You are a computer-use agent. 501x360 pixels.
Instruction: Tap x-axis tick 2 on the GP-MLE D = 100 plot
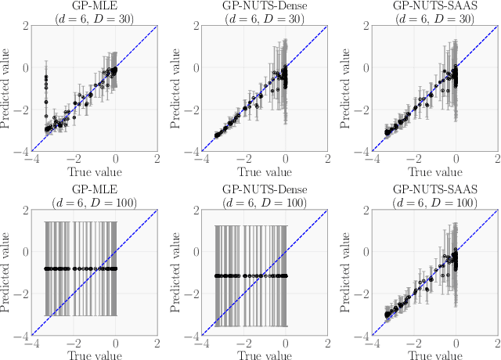pos(158,344)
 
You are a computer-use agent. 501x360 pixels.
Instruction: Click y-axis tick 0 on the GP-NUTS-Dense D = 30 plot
pos(195,67)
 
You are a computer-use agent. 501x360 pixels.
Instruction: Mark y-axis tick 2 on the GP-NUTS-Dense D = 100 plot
pos(195,209)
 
